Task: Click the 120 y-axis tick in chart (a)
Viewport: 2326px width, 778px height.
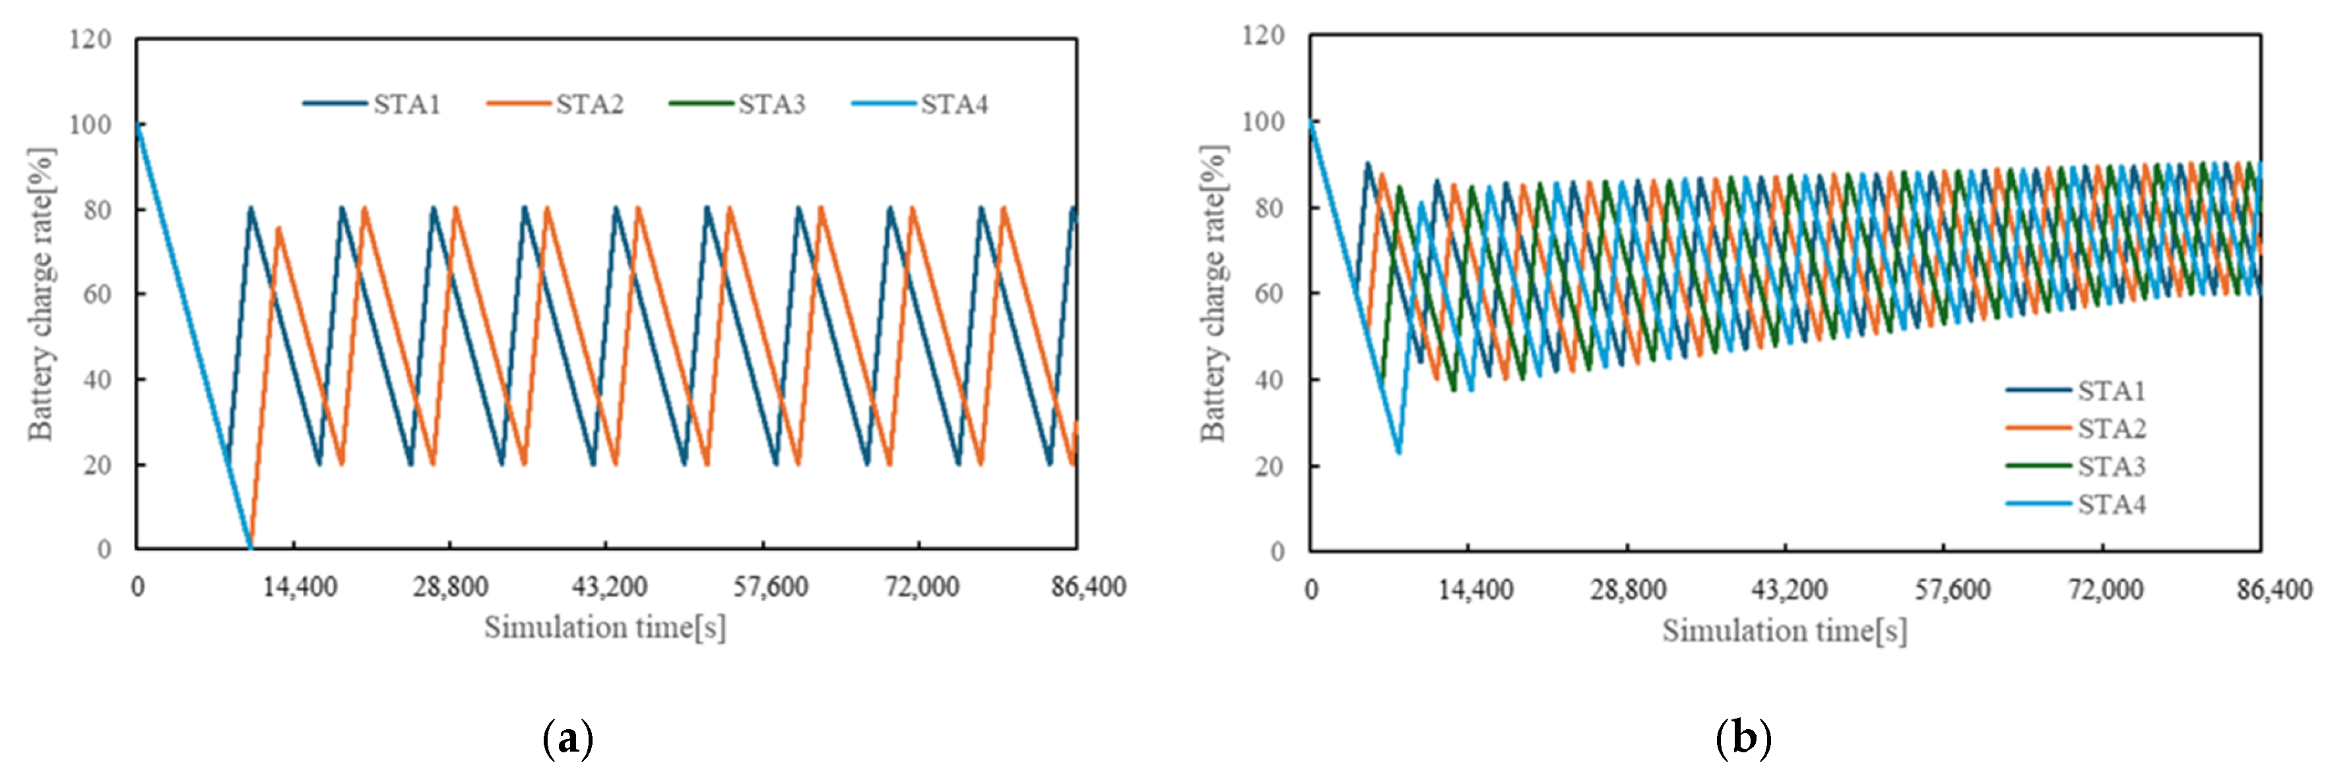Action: pos(90,40)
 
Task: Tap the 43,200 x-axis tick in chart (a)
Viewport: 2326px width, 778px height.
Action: pos(610,587)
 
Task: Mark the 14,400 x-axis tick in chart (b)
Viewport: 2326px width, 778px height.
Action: pos(1475,590)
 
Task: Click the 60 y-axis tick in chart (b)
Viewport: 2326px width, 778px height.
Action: pos(1270,294)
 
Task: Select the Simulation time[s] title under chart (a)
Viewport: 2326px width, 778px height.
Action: pos(604,627)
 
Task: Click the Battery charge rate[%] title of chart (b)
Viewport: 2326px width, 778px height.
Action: pos(1213,294)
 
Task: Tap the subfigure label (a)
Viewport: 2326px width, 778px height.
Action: pos(568,739)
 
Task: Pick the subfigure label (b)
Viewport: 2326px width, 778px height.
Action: pos(1742,739)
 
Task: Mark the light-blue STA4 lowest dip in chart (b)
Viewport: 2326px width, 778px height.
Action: pos(1399,451)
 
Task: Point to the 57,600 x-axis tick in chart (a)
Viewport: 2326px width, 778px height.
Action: pos(770,587)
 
